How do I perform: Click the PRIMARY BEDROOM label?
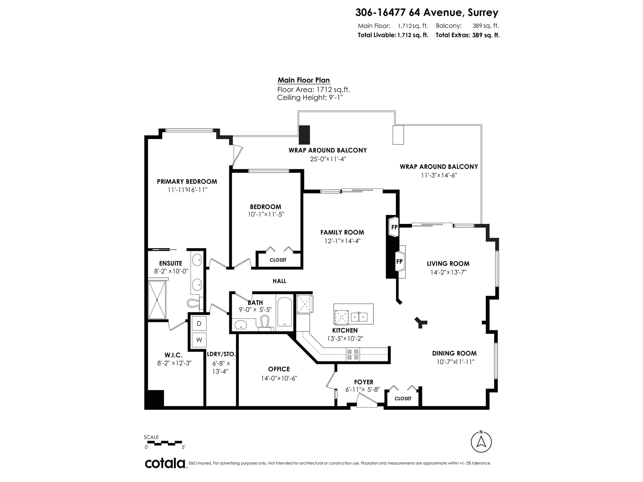coord(187,182)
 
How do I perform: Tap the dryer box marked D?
coord(199,323)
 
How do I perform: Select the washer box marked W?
coord(199,340)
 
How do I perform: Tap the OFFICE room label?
coord(279,369)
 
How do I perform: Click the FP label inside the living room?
coord(399,262)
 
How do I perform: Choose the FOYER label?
coord(364,382)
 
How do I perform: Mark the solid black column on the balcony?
coord(305,135)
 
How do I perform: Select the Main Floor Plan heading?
coord(304,80)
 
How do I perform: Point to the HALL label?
coord(279,281)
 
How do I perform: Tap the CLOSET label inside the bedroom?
coord(278,260)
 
